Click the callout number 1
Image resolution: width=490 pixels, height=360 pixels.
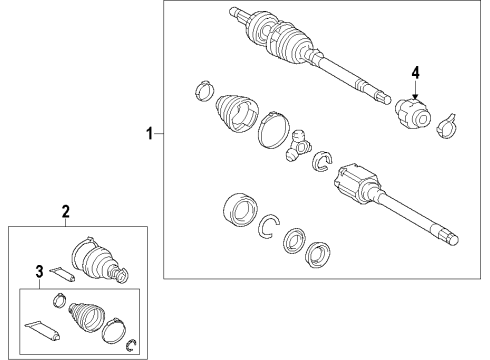[x=151, y=133]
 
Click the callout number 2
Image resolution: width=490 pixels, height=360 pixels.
[x=65, y=211]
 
